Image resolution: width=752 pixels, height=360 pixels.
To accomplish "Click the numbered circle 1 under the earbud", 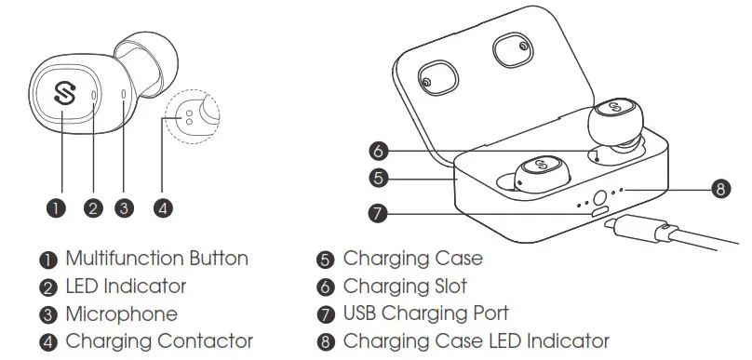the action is tap(60, 208).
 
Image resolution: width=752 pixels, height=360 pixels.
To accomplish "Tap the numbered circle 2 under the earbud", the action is tap(93, 208).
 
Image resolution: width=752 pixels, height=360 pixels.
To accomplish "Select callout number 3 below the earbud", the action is tap(126, 208).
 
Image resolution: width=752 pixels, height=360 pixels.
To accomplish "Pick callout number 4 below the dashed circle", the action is tap(163, 208).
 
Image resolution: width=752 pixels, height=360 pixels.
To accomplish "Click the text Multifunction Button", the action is tap(156, 259).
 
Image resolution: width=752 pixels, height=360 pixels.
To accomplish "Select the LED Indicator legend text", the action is tap(126, 287).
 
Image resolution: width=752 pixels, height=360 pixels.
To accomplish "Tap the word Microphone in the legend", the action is tap(121, 314).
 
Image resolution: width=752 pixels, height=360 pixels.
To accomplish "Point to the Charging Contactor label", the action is tap(159, 341).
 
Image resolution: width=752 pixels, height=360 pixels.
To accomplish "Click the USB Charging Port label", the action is tap(426, 314).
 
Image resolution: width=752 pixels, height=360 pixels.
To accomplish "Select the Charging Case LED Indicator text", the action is tap(477, 341).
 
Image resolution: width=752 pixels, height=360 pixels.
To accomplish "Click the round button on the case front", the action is tap(599, 198).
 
